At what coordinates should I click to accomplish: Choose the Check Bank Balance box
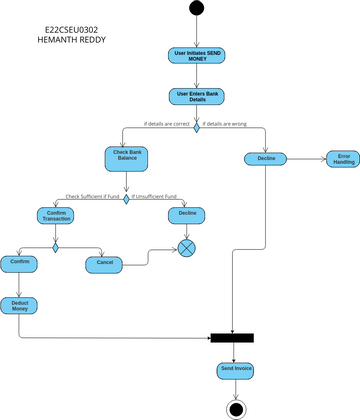click(x=126, y=158)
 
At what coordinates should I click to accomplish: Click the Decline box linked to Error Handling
click(x=266, y=159)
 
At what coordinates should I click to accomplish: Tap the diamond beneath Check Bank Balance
click(x=126, y=196)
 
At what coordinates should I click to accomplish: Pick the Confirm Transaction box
click(x=56, y=215)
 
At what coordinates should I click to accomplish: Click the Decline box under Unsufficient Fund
click(x=187, y=215)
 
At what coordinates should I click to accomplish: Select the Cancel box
click(x=103, y=264)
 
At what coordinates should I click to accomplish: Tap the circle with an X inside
click(x=187, y=247)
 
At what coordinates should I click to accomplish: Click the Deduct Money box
click(x=19, y=305)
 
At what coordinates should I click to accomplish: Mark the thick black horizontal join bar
click(x=232, y=338)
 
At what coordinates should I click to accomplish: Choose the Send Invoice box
click(x=236, y=371)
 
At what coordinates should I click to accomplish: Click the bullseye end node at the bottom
click(x=236, y=409)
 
